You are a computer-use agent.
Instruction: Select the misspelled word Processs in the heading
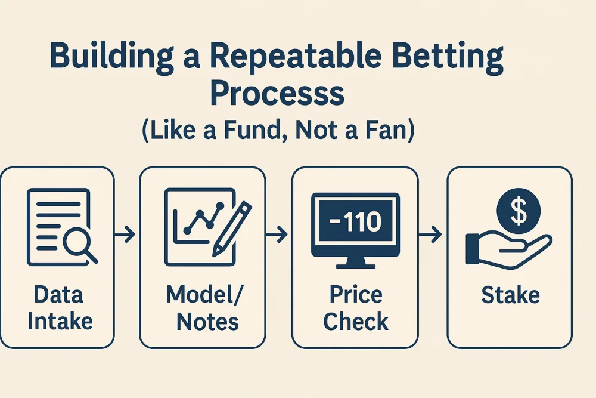pos(278,94)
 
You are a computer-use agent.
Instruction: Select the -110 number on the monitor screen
pos(355,222)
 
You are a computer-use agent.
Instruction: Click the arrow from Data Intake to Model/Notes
pos(126,235)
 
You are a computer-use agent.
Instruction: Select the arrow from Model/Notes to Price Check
pos(278,235)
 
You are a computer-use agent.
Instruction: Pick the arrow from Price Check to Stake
pos(430,235)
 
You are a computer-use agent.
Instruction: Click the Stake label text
pos(510,295)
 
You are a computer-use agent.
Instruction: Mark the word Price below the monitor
pos(355,295)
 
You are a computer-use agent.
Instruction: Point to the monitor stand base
pos(355,263)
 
